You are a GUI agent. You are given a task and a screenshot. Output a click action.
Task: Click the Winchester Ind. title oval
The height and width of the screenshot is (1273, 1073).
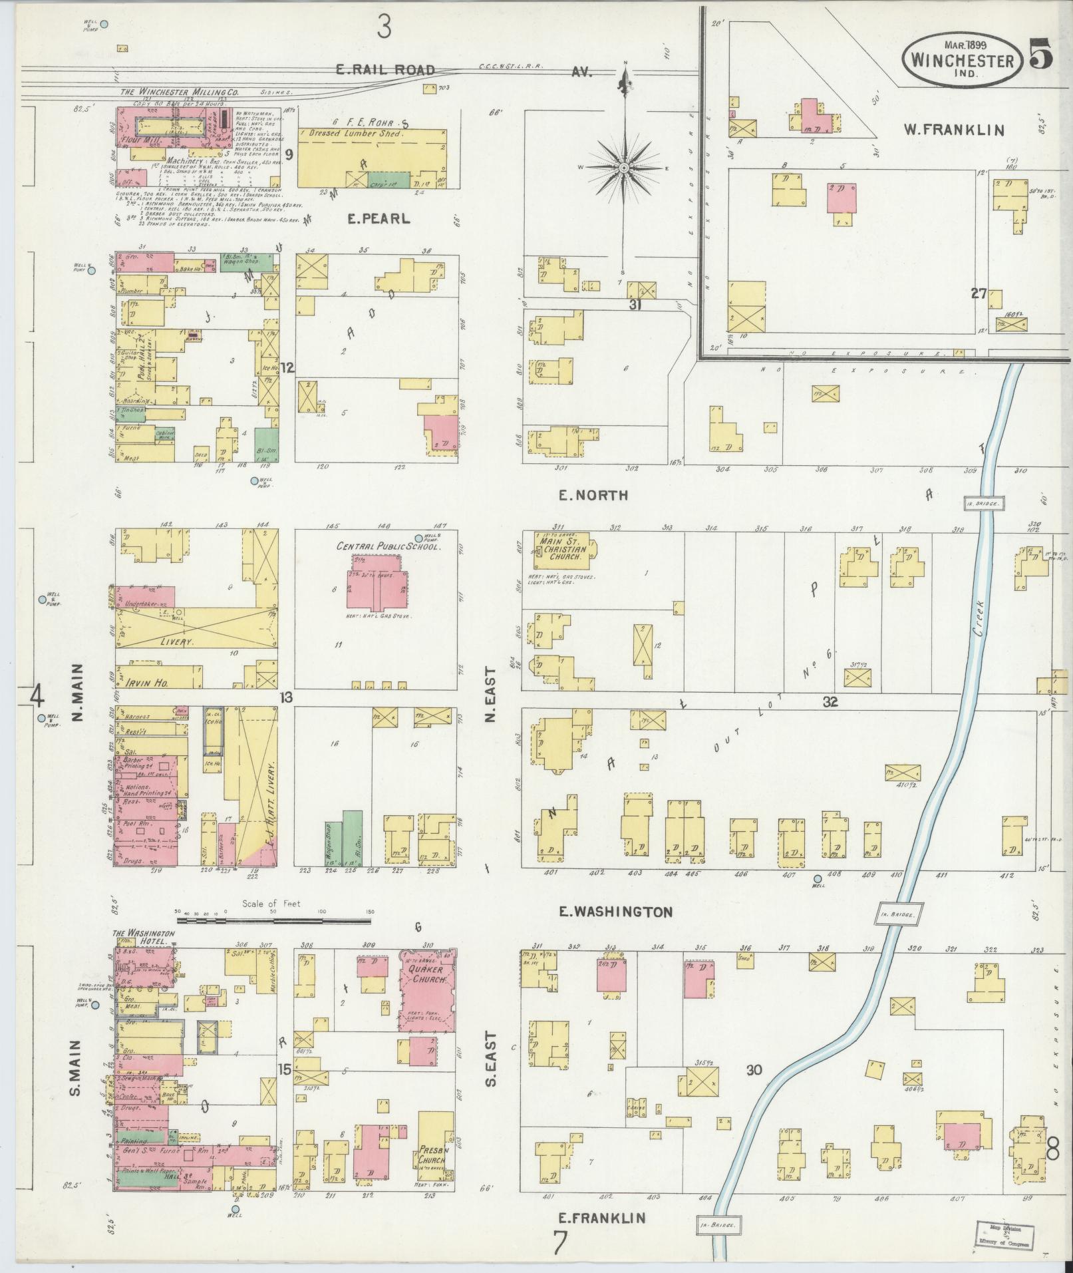point(962,61)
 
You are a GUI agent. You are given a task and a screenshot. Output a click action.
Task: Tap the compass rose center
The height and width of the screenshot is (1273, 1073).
point(624,169)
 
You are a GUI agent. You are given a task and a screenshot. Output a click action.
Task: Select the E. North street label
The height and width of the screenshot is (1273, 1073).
point(593,495)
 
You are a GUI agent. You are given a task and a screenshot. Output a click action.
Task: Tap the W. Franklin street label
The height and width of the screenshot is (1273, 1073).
point(953,130)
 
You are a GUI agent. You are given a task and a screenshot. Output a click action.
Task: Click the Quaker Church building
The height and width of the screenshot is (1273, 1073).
point(426,992)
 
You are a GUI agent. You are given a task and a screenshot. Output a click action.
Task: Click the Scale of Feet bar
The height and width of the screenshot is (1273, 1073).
point(273,922)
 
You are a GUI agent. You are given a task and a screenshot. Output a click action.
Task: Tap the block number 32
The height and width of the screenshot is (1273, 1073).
point(830,701)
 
